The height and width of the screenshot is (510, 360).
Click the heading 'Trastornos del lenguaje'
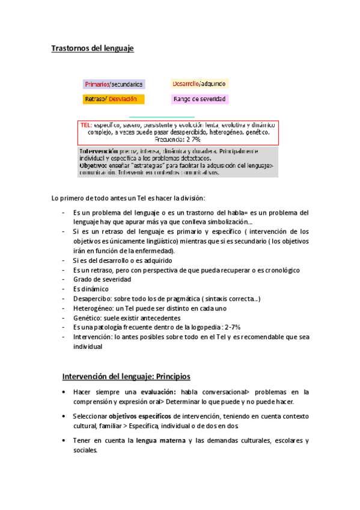pos(92,48)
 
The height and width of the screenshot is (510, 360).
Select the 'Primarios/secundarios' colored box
pos(113,84)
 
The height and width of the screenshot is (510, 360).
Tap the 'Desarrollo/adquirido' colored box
pos(198,84)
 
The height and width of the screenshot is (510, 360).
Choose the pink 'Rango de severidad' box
pos(199,99)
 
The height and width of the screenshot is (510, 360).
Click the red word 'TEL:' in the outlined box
pos(87,124)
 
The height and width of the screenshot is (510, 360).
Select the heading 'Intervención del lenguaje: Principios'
pos(126,377)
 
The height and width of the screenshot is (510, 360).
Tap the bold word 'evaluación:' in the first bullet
pos(151,392)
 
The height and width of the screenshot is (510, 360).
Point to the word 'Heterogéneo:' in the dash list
pos(94,309)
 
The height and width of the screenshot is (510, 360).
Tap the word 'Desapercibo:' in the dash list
pos(93,299)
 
